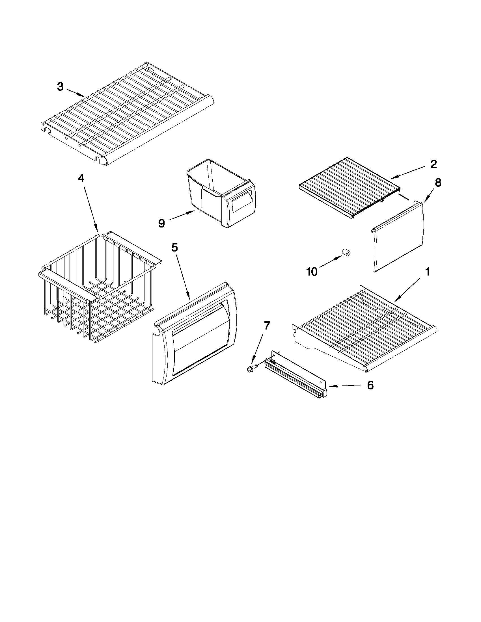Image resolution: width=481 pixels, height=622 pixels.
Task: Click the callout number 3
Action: [60, 86]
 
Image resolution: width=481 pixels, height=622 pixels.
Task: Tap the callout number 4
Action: [81, 178]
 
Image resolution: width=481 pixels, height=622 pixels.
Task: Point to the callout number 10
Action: [312, 272]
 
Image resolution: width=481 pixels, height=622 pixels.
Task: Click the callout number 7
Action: [266, 326]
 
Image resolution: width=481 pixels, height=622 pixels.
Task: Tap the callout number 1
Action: [428, 272]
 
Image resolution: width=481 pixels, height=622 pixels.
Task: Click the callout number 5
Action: [174, 248]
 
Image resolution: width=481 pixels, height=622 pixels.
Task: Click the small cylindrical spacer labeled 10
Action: [346, 253]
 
